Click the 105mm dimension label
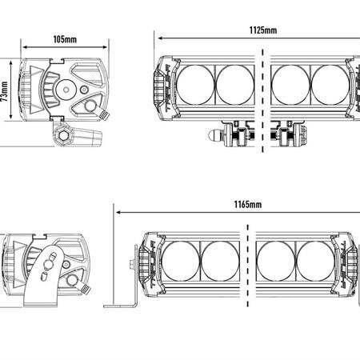click(65, 39)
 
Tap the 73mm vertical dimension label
click(5, 92)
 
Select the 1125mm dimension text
click(263, 30)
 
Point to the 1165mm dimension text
click(248, 205)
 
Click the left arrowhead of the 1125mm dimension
click(161, 38)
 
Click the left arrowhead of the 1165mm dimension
click(119, 213)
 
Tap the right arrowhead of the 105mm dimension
click(105, 47)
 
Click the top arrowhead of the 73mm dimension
click(11, 63)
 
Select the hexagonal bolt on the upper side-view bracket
click(63, 136)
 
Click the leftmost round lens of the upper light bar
click(195, 85)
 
